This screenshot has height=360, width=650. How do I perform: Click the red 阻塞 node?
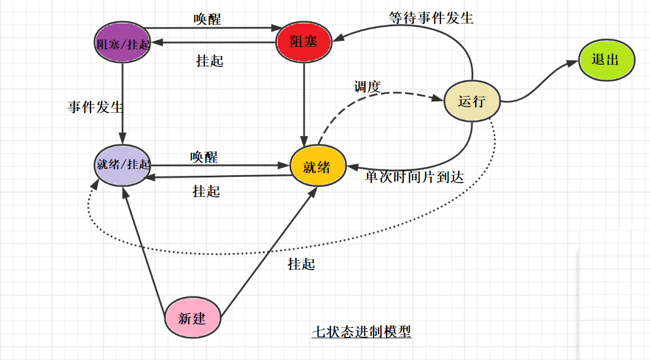[304, 42]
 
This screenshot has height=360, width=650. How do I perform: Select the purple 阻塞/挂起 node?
[122, 43]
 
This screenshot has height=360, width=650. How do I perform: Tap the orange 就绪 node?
[317, 167]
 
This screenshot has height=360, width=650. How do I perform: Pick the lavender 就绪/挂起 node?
[123, 164]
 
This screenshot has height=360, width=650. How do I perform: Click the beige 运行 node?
[472, 101]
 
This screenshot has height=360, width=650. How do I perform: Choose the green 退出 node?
[606, 60]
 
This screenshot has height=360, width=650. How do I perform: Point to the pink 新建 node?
[192, 318]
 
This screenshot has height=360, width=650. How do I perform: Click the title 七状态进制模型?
[362, 331]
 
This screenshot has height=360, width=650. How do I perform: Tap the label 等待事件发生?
[431, 18]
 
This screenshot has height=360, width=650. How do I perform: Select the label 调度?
[367, 87]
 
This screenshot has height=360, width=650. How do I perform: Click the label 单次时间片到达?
[414, 177]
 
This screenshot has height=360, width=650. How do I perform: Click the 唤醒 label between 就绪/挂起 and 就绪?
[204, 156]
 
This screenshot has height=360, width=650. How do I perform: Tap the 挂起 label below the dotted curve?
[301, 264]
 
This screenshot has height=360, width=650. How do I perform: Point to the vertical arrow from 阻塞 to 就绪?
[304, 103]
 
